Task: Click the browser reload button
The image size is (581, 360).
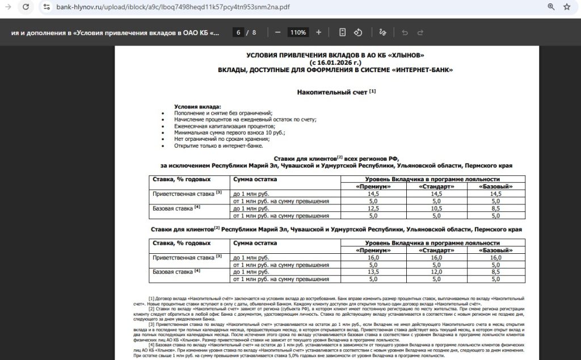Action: pos(26,7)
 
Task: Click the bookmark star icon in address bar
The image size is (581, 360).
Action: pos(567,7)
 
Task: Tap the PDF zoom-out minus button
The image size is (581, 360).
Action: pos(277,32)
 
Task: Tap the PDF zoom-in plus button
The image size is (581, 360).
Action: pos(318,32)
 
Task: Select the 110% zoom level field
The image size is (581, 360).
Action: pos(298,32)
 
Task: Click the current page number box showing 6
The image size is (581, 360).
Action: pos(239,32)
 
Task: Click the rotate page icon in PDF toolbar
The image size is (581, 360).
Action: pos(359,32)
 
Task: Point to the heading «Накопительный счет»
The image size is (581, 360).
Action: pos(332,91)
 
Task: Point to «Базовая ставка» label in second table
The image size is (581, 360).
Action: pos(172,272)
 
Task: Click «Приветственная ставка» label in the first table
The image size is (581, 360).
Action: pos(183,194)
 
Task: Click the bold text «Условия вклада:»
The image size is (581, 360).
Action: pos(197,107)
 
